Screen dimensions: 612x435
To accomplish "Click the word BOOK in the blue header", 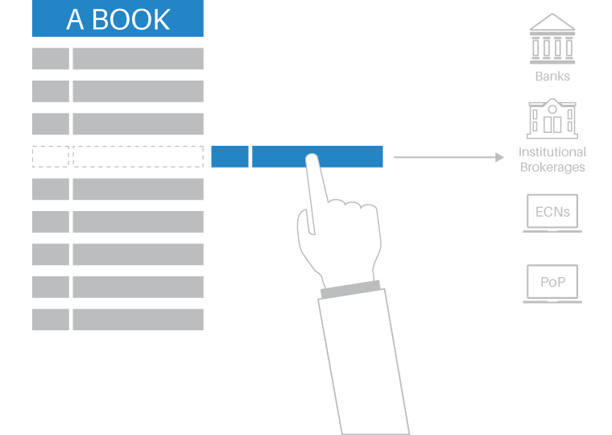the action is [131, 19].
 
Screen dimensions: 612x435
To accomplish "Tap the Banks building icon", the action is [552, 39].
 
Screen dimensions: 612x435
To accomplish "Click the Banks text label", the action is [552, 77].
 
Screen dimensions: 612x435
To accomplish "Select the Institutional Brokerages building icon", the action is [552, 118].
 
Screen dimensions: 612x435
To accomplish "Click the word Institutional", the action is [552, 152].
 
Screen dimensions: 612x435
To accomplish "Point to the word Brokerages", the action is [552, 167].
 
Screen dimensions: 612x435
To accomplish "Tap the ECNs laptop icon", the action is [552, 213].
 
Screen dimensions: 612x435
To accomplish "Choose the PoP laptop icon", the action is [552, 284].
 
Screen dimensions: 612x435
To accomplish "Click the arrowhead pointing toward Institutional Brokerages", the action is [499, 157].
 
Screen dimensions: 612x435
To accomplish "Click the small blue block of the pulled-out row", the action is [229, 156].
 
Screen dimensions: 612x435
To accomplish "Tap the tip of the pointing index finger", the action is [312, 155].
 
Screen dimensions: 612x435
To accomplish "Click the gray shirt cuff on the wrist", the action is [350, 289].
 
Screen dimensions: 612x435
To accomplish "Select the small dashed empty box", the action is [51, 156].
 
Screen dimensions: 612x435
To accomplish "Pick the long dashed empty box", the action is [139, 156].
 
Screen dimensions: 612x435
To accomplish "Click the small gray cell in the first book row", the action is [51, 59].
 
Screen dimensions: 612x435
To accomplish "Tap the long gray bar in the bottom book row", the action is [139, 320].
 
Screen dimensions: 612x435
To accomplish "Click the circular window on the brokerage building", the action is [552, 110].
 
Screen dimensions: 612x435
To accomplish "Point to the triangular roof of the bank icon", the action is [552, 23].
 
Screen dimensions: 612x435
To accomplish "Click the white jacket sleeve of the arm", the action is [364, 363].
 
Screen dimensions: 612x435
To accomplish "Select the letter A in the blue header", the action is [75, 19].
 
